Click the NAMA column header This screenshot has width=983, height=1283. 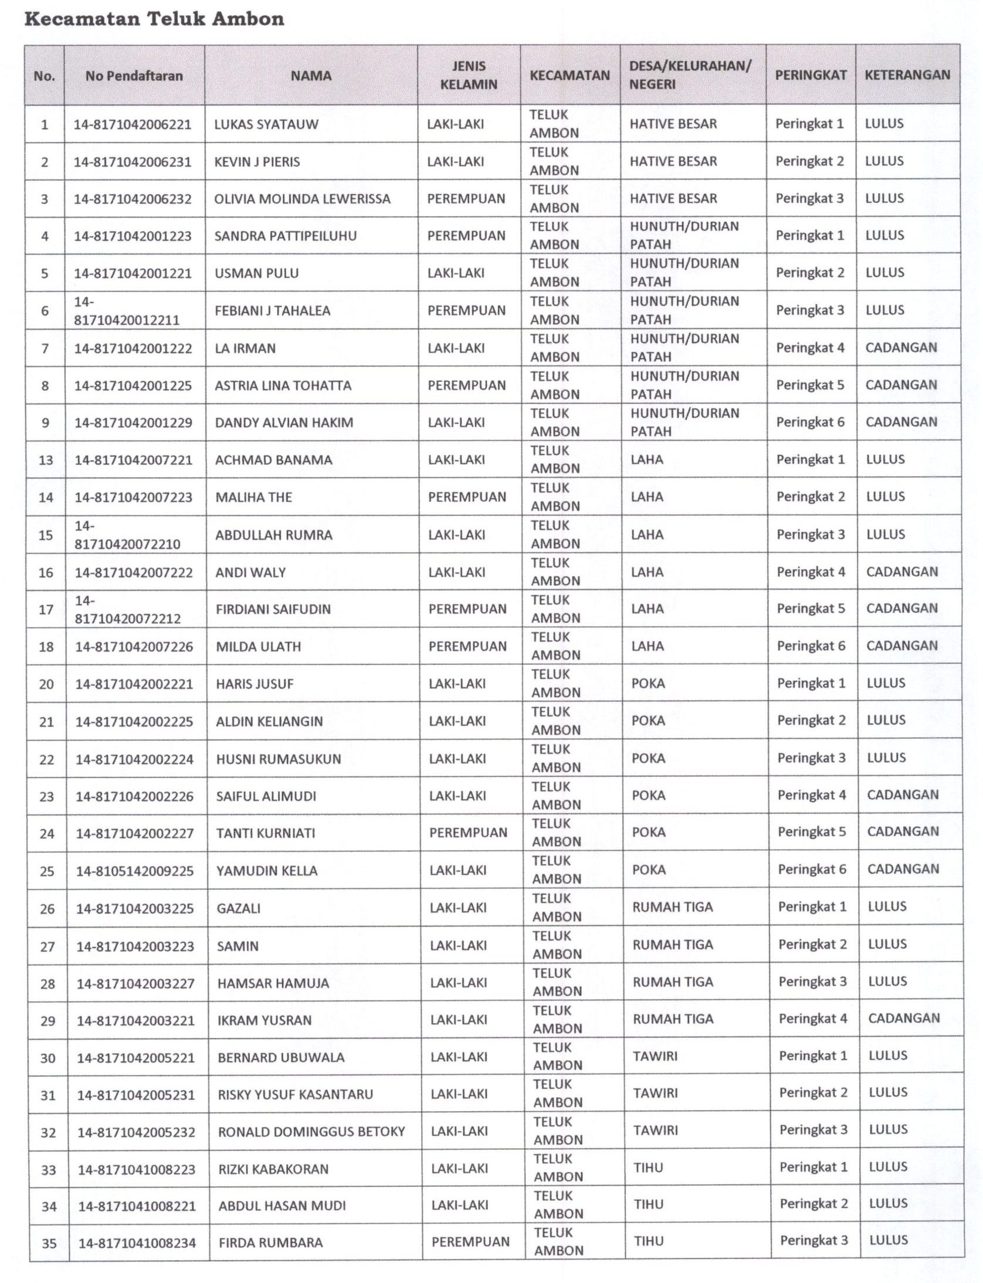(x=311, y=76)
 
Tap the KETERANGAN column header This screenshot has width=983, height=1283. (x=907, y=75)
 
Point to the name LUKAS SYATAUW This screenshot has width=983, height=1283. (x=266, y=124)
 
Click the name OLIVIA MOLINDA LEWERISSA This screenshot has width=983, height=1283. (x=302, y=199)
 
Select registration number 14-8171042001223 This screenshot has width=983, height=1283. (x=133, y=236)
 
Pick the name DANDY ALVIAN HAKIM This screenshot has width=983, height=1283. (x=284, y=423)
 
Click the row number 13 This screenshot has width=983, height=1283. (x=46, y=460)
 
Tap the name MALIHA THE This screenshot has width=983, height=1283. (x=253, y=497)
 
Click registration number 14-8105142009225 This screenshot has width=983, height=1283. (x=135, y=871)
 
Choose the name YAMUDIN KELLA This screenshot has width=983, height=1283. (x=267, y=871)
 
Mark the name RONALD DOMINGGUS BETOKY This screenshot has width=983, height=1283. (x=311, y=1132)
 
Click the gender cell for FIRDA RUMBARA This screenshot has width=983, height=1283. (x=470, y=1241)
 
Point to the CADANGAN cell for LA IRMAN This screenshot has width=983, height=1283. (x=901, y=348)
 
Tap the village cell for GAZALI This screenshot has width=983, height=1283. (x=672, y=907)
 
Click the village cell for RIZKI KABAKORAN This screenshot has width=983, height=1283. (x=648, y=1167)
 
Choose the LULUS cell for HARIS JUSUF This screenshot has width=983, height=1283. (x=886, y=683)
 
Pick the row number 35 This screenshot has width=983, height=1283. (x=49, y=1243)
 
